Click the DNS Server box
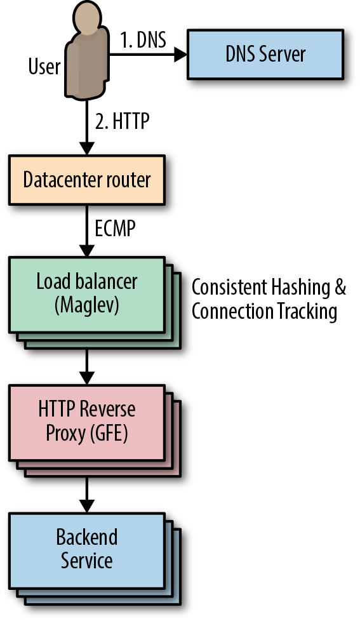coord(265,54)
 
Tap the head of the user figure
coord(87,17)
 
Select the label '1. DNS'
coord(143,40)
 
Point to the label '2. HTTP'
coord(122,121)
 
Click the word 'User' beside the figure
coord(44,66)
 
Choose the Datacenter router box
coord(87,180)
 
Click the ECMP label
coord(116,228)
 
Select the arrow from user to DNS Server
coord(148,54)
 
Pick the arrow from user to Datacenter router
coord(87,127)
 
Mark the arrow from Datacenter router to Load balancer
coord(87,231)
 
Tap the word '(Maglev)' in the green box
coord(87,306)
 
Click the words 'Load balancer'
coord(87,281)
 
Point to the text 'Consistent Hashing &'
coord(269,287)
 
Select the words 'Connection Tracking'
coord(264,311)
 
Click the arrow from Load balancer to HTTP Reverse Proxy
coord(87,366)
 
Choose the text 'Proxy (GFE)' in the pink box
coord(87,433)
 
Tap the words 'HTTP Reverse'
coord(87,409)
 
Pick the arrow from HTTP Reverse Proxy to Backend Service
coord(87,495)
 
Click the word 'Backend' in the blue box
coord(87,537)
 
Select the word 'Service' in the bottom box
coord(87,561)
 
